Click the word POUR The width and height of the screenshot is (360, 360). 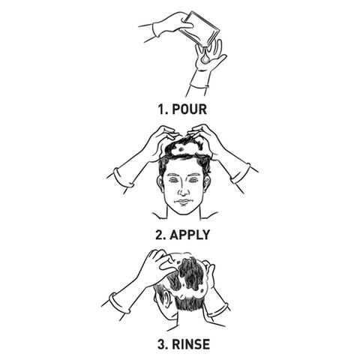coord(190,109)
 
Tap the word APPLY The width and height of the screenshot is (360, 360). coord(190,235)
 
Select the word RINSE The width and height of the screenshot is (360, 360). coord(190,344)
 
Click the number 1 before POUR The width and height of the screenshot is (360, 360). coord(162,109)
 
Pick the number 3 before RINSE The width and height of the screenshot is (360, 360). coord(163,344)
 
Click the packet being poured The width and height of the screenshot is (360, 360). coord(199,29)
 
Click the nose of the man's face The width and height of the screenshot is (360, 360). coord(184,191)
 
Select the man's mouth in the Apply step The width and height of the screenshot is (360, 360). coord(184,202)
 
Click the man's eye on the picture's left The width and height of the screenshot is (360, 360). coord(173,180)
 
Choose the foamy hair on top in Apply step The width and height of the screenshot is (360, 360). coord(187,148)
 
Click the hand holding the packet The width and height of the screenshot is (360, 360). coord(172,25)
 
